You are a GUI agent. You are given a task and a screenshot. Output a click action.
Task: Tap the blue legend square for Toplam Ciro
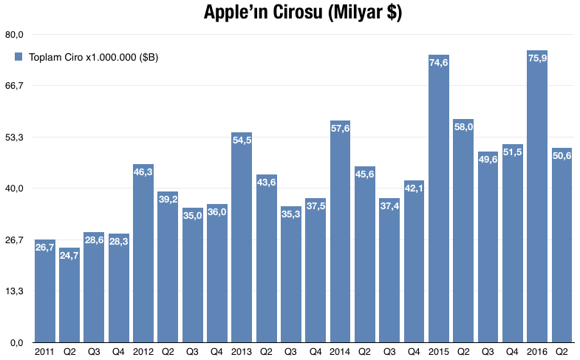[x=19, y=57]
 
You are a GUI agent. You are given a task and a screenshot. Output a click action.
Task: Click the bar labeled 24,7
[x=69, y=295]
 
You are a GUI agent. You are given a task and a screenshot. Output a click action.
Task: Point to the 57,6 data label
[x=340, y=129]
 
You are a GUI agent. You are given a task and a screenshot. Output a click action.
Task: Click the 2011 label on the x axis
[x=44, y=352]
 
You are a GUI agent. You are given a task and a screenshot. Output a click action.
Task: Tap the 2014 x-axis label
[x=340, y=352]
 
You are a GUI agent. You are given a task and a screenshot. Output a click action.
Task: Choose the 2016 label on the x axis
[x=537, y=352]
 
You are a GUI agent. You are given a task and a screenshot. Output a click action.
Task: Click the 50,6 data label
[x=562, y=156]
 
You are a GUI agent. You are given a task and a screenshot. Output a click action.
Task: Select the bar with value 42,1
[x=414, y=262]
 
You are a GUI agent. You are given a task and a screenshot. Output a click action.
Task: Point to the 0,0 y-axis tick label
[x=16, y=343]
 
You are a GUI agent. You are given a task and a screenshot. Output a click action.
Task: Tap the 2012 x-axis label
[x=143, y=352]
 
